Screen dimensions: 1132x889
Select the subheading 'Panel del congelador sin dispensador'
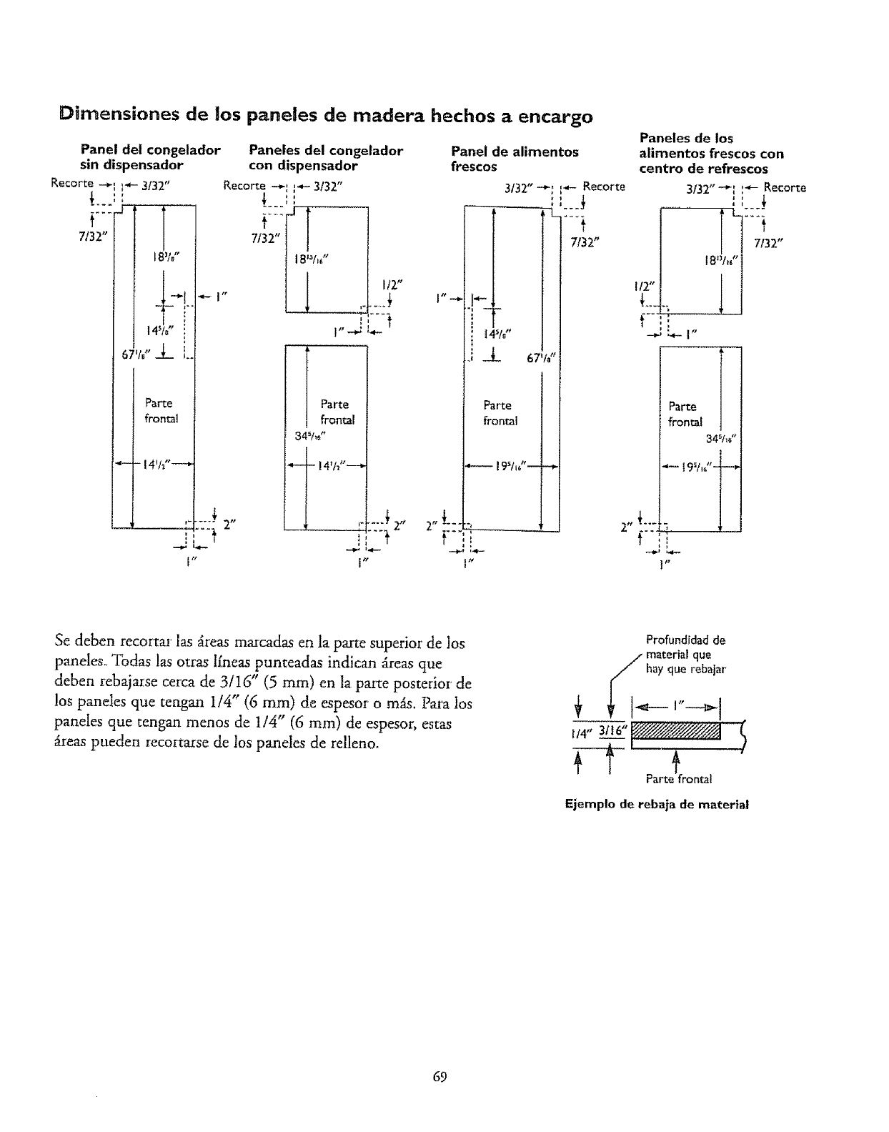[x=150, y=158]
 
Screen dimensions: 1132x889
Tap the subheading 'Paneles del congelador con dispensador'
[x=325, y=158]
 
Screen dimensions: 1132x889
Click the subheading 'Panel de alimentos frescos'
[x=515, y=159]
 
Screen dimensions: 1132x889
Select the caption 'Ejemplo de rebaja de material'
[x=656, y=804]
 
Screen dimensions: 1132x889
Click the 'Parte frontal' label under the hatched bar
[x=678, y=779]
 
